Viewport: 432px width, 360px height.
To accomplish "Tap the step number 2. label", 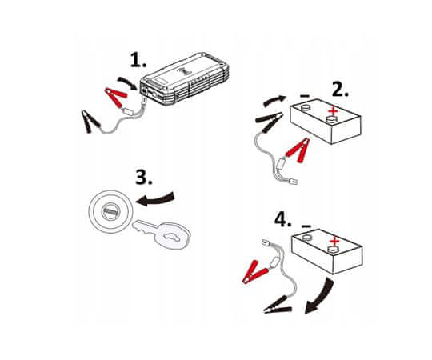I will coord(340,89).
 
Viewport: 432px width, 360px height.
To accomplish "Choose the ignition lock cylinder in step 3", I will coord(110,212).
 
